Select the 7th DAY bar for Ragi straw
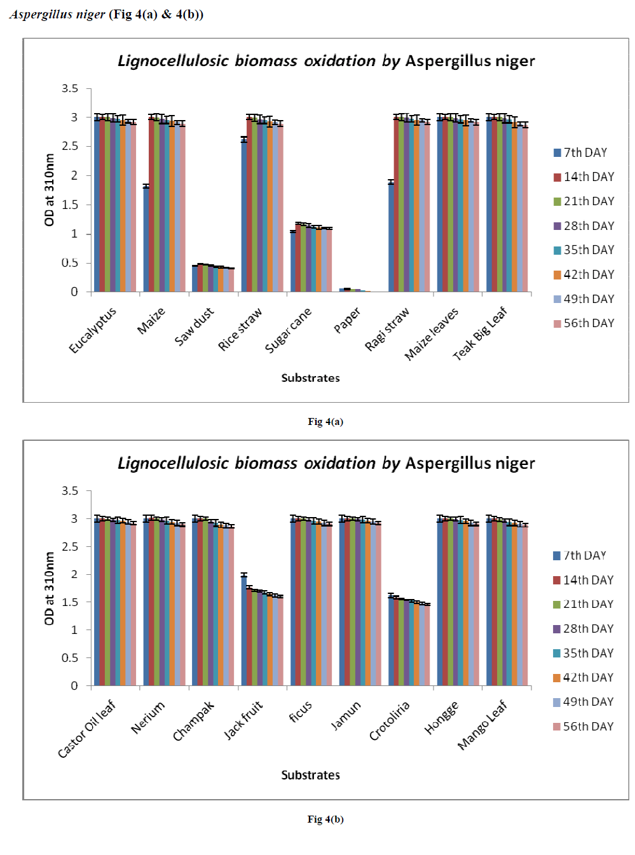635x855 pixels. coord(391,238)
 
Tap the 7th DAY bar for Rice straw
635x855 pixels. coord(243,216)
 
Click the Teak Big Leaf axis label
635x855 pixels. coord(480,333)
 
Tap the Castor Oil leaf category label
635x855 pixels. coord(86,729)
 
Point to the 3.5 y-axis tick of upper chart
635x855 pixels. coord(70,88)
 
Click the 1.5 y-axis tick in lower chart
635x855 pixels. coord(70,602)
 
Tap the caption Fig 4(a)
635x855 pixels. coord(325,422)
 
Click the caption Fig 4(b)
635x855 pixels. coord(325,819)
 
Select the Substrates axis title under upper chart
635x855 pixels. coord(310,378)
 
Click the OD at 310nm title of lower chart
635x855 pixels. coord(50,588)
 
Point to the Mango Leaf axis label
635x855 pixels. coord(482,725)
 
